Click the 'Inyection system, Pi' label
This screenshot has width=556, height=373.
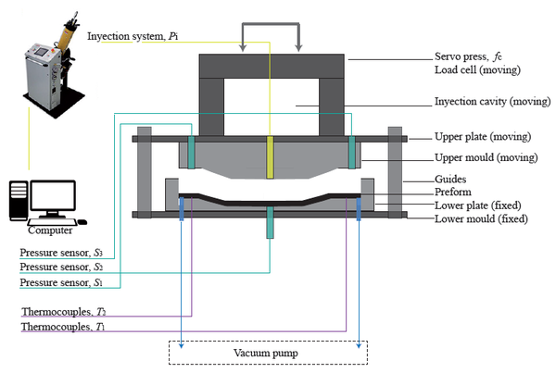pyautogui.click(x=133, y=37)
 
